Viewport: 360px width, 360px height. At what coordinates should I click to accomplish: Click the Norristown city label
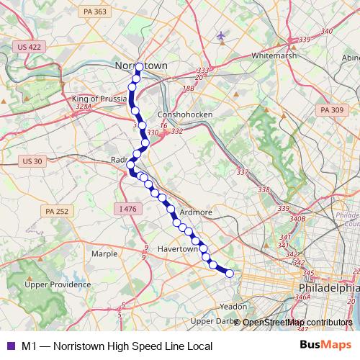tap(141, 66)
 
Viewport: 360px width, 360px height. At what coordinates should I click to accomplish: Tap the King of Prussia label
tap(99, 99)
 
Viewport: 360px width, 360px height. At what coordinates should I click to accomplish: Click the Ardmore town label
tap(195, 212)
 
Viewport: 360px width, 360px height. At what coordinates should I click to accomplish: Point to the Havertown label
tap(177, 248)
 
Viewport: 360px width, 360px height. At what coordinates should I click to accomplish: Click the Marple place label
tap(104, 253)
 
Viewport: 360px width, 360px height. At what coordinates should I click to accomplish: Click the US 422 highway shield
tap(27, 46)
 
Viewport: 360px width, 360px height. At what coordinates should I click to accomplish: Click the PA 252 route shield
tap(56, 211)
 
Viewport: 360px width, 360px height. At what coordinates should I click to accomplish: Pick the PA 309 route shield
tap(332, 109)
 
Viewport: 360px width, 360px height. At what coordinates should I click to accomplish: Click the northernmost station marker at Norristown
tap(139, 67)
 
